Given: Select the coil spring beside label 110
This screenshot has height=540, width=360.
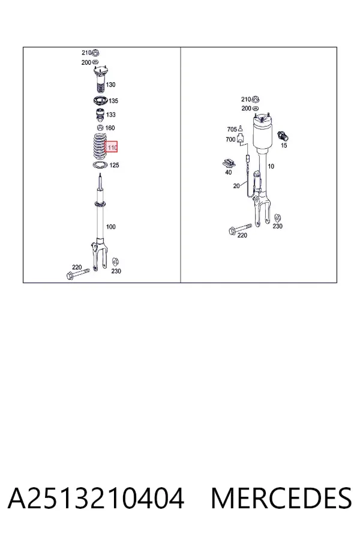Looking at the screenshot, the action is [99, 146].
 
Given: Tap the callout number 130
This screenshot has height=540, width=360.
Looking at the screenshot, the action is [110, 85].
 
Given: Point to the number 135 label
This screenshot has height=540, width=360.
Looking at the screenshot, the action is [113, 101].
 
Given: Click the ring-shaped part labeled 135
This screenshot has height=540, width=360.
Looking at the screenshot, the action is [100, 101].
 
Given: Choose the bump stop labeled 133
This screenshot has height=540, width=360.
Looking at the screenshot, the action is [100, 115].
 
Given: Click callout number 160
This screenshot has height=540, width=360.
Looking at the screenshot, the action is [110, 128].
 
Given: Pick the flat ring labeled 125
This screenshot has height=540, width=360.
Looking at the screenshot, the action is [100, 164].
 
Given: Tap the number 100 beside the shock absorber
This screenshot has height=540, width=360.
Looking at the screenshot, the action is [110, 227].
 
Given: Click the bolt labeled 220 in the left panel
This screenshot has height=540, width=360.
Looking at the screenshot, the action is [77, 274].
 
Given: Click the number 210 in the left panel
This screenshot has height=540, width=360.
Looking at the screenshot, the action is [86, 53].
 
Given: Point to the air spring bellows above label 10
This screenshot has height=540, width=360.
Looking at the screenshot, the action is [265, 134].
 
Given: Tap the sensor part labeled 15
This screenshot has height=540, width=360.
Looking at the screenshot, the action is [284, 136].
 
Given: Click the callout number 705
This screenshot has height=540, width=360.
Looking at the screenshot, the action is [232, 130].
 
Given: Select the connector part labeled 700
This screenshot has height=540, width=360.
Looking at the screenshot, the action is [241, 139].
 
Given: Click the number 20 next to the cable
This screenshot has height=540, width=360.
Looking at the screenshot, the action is [236, 186].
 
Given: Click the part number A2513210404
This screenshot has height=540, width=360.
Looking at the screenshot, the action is [96, 498].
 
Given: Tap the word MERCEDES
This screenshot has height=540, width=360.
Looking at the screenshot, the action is [281, 498].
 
